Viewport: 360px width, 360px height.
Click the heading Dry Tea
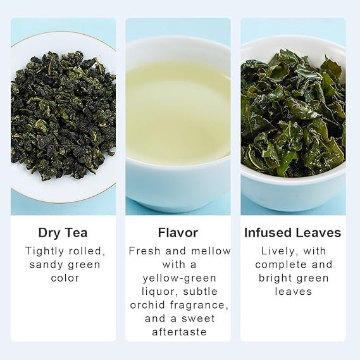click(x=63, y=233)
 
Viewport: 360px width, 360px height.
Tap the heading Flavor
click(x=178, y=233)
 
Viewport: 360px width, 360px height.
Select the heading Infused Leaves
click(x=293, y=233)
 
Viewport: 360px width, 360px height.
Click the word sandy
click(x=46, y=264)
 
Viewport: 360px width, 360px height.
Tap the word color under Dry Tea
click(x=65, y=278)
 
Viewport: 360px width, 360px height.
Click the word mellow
click(x=211, y=251)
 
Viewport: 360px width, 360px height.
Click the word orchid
click(x=147, y=305)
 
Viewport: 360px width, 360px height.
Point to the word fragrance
click(x=199, y=306)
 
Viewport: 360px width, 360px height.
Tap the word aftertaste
click(x=179, y=332)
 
